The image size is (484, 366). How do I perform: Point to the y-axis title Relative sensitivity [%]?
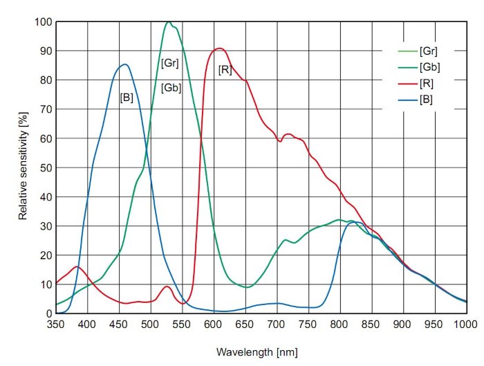tap(23, 167)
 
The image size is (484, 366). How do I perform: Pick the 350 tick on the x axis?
tap(56, 323)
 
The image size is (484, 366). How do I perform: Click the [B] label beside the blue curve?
tap(127, 98)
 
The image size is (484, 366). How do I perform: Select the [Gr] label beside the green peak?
tap(169, 63)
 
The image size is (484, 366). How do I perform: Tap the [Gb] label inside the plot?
tap(171, 88)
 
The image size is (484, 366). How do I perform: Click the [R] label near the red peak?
tap(225, 70)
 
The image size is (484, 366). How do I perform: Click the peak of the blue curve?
tap(124, 64)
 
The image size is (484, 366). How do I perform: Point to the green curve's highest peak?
tap(168, 22)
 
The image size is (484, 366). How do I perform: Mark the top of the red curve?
tap(219, 48)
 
